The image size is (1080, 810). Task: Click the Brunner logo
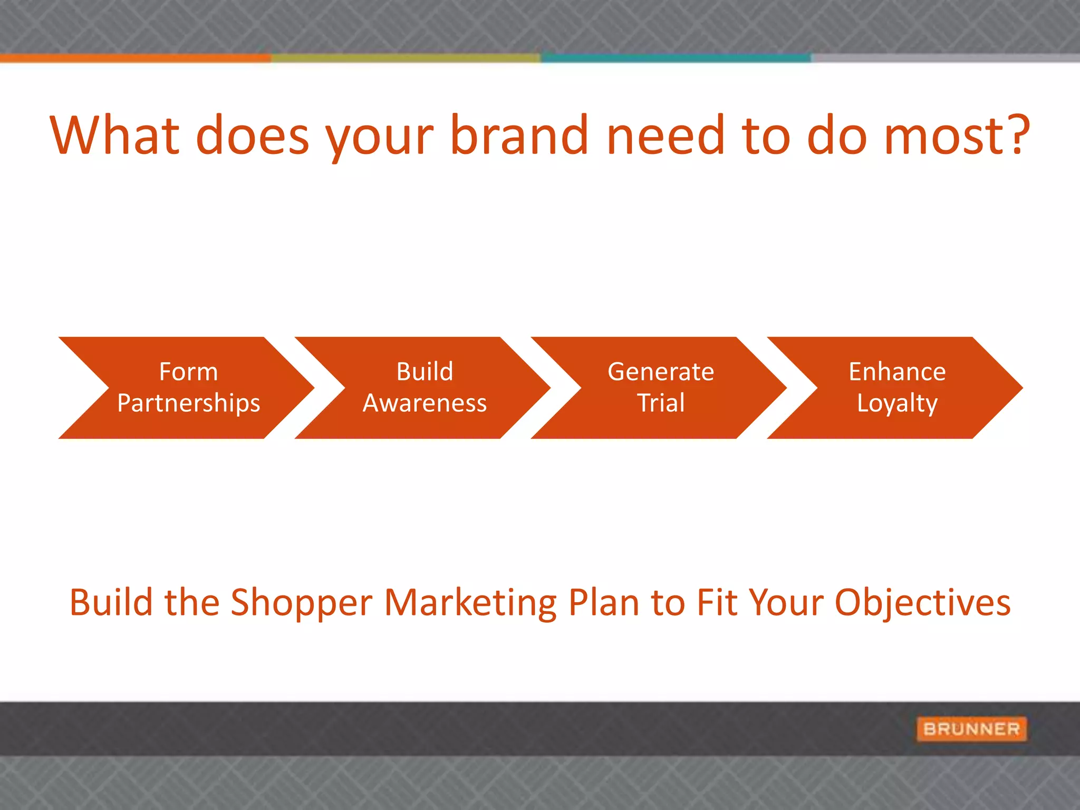pyautogui.click(x=971, y=729)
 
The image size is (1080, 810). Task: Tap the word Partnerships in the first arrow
pyautogui.click(x=189, y=403)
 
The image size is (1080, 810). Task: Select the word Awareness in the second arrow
pyautogui.click(x=425, y=403)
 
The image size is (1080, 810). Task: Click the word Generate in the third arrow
pyautogui.click(x=661, y=372)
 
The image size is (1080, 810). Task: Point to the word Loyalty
pyautogui.click(x=897, y=403)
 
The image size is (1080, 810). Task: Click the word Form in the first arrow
pyautogui.click(x=188, y=372)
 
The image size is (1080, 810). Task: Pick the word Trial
pyautogui.click(x=661, y=403)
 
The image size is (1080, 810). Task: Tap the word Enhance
pyautogui.click(x=897, y=372)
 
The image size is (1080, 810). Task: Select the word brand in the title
pyautogui.click(x=519, y=136)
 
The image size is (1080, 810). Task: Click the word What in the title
pyautogui.click(x=115, y=136)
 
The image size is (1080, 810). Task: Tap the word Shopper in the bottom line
pyautogui.click(x=302, y=603)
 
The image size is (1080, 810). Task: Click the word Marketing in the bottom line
pyautogui.click(x=470, y=603)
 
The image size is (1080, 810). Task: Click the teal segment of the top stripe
pyautogui.click(x=675, y=58)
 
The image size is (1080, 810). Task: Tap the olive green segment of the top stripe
pyautogui.click(x=405, y=58)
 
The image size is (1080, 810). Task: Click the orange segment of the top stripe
pyautogui.click(x=135, y=58)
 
